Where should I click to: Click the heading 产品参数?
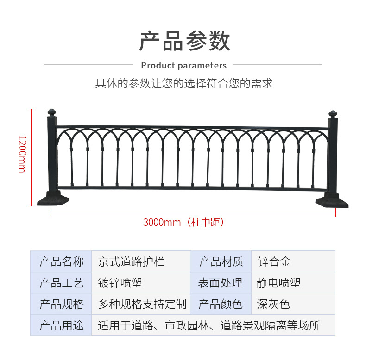pyautogui.click(x=185, y=41)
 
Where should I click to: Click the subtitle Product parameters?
pyautogui.click(x=184, y=66)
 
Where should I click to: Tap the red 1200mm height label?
pyautogui.click(x=23, y=154)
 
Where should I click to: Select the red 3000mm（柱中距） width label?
pyautogui.click(x=184, y=222)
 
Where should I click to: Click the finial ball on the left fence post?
pyautogui.click(x=51, y=112)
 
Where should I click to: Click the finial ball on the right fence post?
pyautogui.click(x=333, y=114)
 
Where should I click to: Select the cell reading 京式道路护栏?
pyautogui.click(x=131, y=261)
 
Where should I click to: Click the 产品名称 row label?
pyautogui.click(x=62, y=261)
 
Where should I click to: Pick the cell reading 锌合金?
pyautogui.click(x=274, y=261)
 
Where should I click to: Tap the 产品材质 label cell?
pyautogui.click(x=221, y=261)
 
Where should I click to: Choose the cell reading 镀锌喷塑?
pyautogui.click(x=120, y=283)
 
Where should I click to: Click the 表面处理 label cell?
pyautogui.click(x=220, y=283)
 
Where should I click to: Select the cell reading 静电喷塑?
pyautogui.click(x=278, y=283)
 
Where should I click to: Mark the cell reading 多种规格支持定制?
pyautogui.click(x=142, y=304)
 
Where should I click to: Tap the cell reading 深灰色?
pyautogui.click(x=273, y=304)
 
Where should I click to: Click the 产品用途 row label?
pyautogui.click(x=62, y=325)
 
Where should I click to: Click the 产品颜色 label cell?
pyautogui.click(x=221, y=304)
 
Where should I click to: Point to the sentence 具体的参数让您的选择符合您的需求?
pyautogui.click(x=184, y=83)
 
